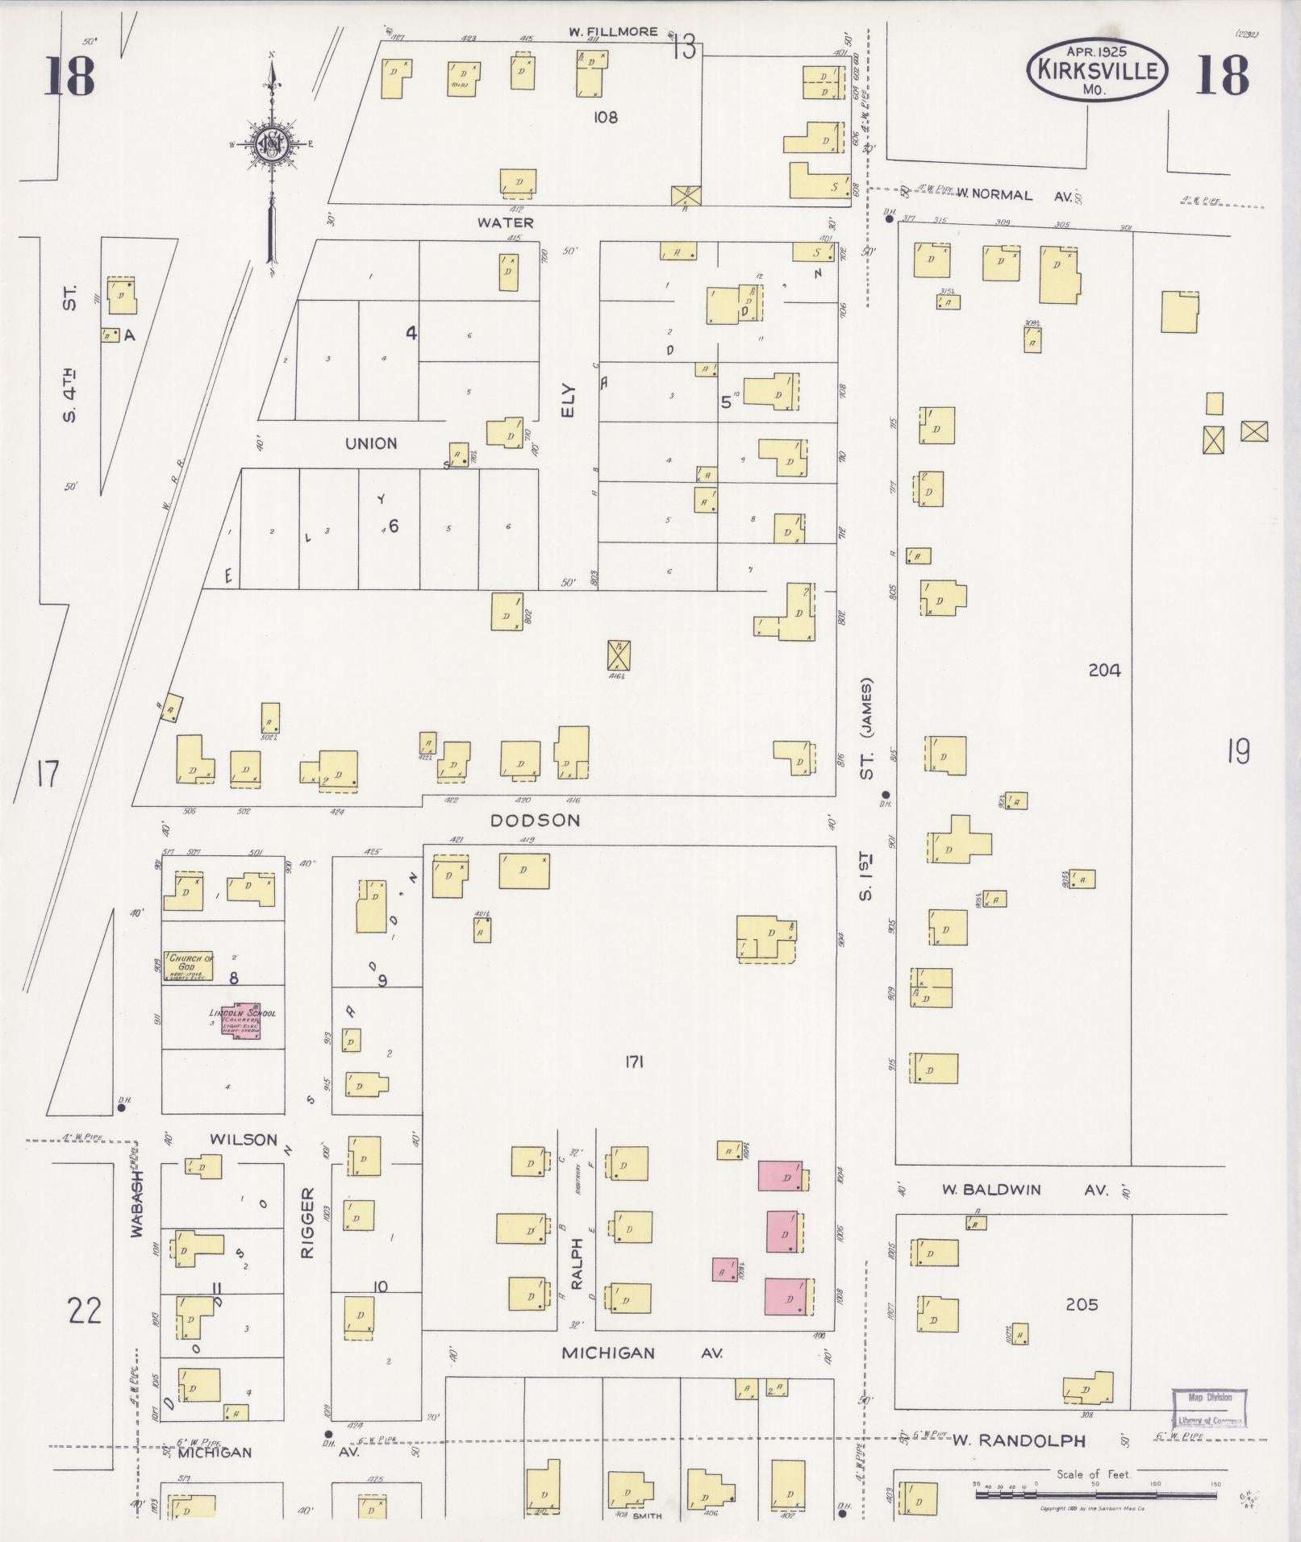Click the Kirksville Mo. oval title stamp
1096,70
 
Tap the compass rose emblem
272,144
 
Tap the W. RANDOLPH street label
1019,1440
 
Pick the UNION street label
371,443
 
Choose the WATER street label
506,222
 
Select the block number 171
633,1062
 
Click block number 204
1104,670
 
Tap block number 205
1082,1304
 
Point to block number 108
606,117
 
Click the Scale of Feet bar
1095,1494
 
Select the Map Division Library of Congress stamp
1208,1408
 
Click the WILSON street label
244,1140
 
